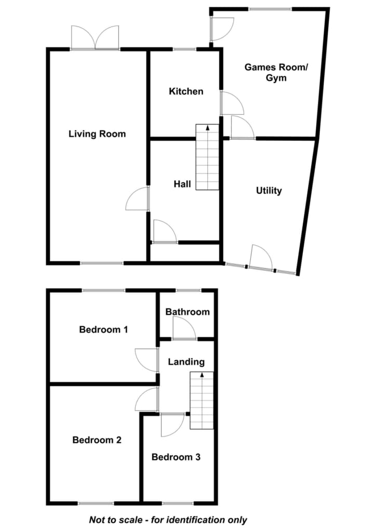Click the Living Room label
97,134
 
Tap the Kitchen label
186,91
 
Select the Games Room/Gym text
276,72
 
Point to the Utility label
269,191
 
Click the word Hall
182,184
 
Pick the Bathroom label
187,312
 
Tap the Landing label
186,362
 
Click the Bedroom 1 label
103,329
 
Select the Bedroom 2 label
97,440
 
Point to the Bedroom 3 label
176,457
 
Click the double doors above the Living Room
95,38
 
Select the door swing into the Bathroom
184,328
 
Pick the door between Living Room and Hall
137,198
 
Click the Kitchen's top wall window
185,49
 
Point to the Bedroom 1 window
104,290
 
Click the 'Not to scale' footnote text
168,520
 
